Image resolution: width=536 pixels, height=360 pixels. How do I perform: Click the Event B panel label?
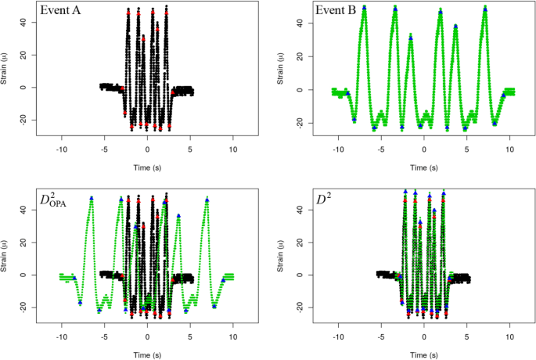tap(337, 12)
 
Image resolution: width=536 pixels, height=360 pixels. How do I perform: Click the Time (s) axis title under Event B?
tap(423, 167)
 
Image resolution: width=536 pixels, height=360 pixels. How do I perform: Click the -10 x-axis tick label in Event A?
tap(61, 149)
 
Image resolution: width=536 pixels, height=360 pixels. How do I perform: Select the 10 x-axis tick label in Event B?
tap(509, 149)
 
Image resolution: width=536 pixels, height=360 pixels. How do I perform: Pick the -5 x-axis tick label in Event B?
tap(380, 149)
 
